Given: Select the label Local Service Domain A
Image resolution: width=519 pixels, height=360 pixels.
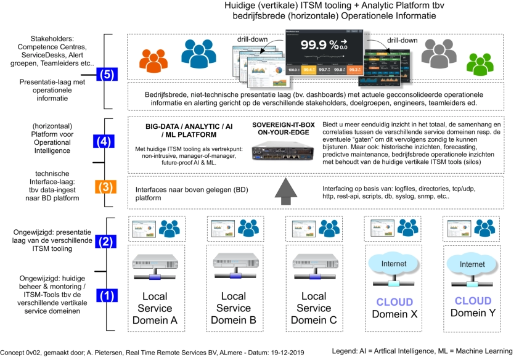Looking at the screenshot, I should [x=155, y=308].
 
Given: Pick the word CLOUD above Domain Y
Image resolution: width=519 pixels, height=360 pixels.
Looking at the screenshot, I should [x=472, y=301].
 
